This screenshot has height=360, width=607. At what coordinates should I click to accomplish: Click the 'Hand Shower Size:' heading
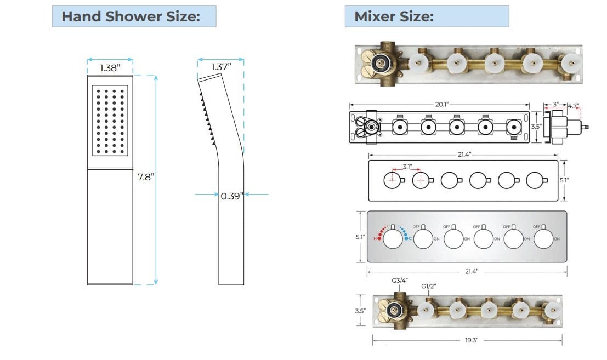[131, 16]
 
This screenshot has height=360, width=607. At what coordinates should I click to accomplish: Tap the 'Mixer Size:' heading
[394, 16]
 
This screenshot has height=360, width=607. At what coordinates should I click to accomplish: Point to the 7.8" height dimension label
[146, 176]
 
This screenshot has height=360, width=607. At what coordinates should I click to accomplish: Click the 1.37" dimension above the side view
[221, 67]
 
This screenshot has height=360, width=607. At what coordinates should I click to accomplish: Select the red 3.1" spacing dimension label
[406, 167]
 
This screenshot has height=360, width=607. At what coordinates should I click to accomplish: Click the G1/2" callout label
[428, 286]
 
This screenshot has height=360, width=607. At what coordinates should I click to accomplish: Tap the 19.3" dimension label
[472, 340]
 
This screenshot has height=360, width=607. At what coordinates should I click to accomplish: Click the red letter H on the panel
[376, 239]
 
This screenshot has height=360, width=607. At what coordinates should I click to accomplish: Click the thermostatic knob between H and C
[392, 239]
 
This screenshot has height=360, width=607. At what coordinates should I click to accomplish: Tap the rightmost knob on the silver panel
[543, 239]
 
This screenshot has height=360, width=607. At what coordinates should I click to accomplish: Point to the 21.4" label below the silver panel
[466, 271]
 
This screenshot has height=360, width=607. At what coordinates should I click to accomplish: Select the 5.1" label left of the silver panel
[359, 237]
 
